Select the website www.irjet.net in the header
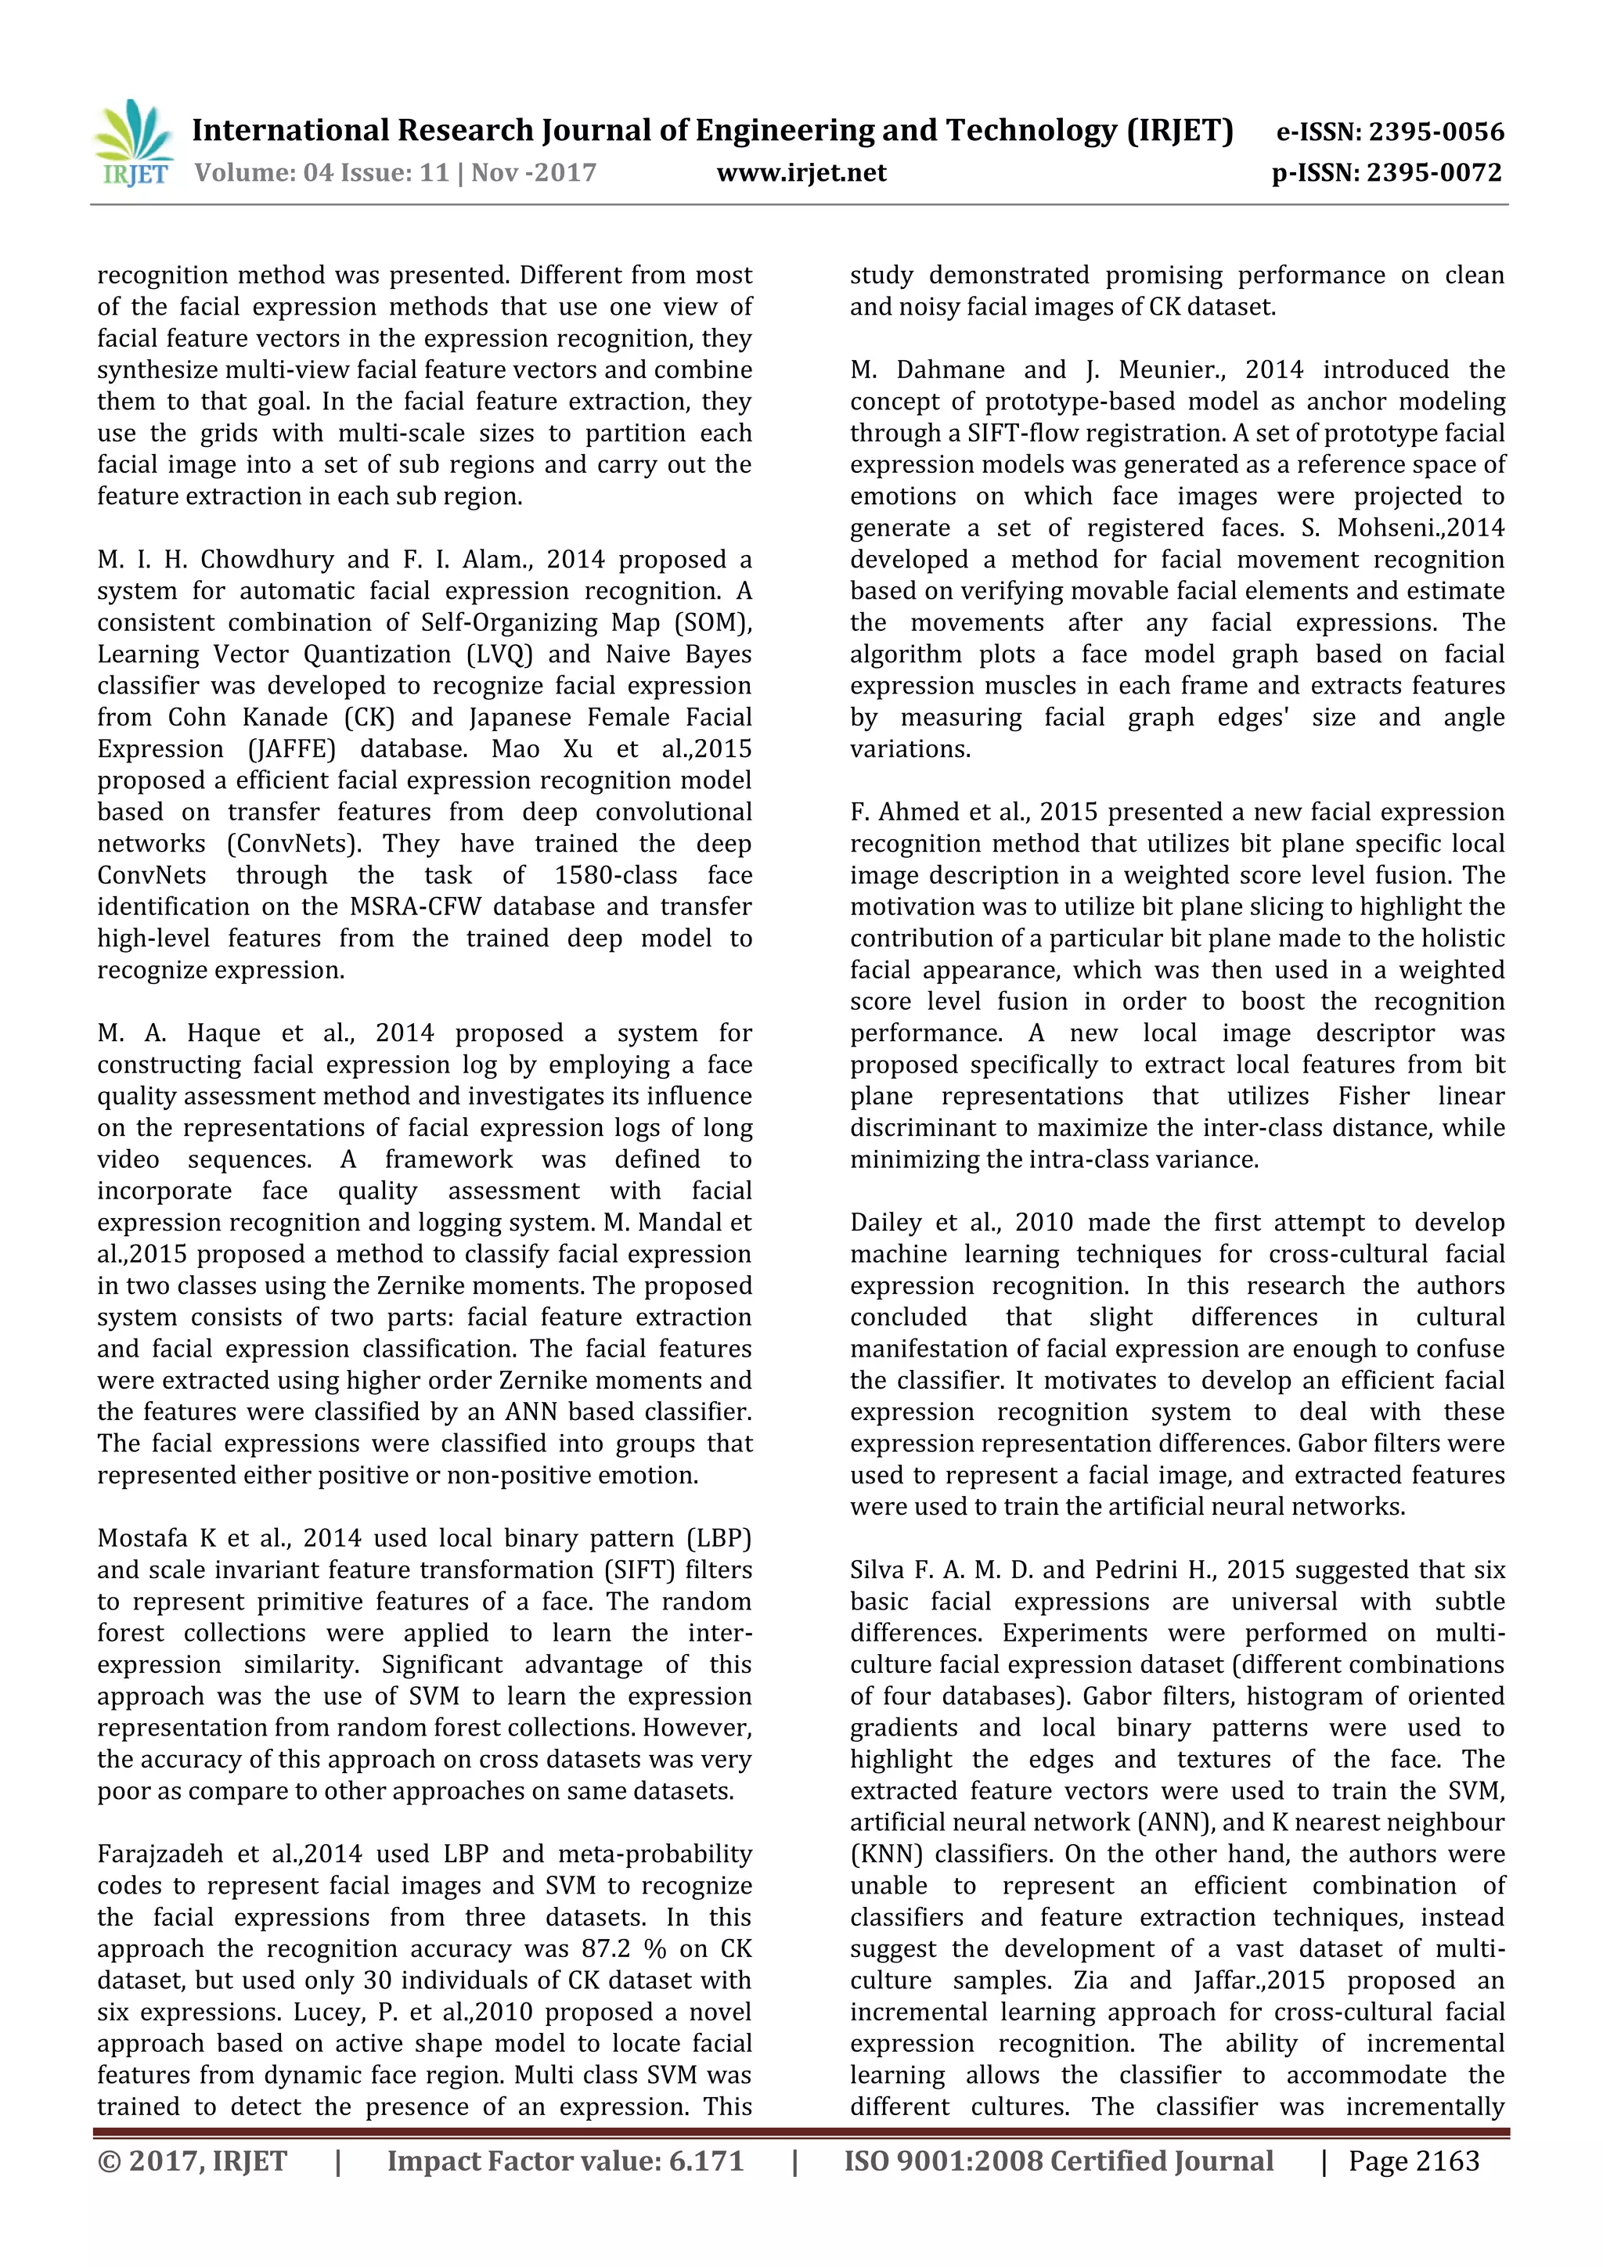801,173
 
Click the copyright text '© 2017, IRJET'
193,2161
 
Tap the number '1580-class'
615,876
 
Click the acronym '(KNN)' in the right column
885,1854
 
